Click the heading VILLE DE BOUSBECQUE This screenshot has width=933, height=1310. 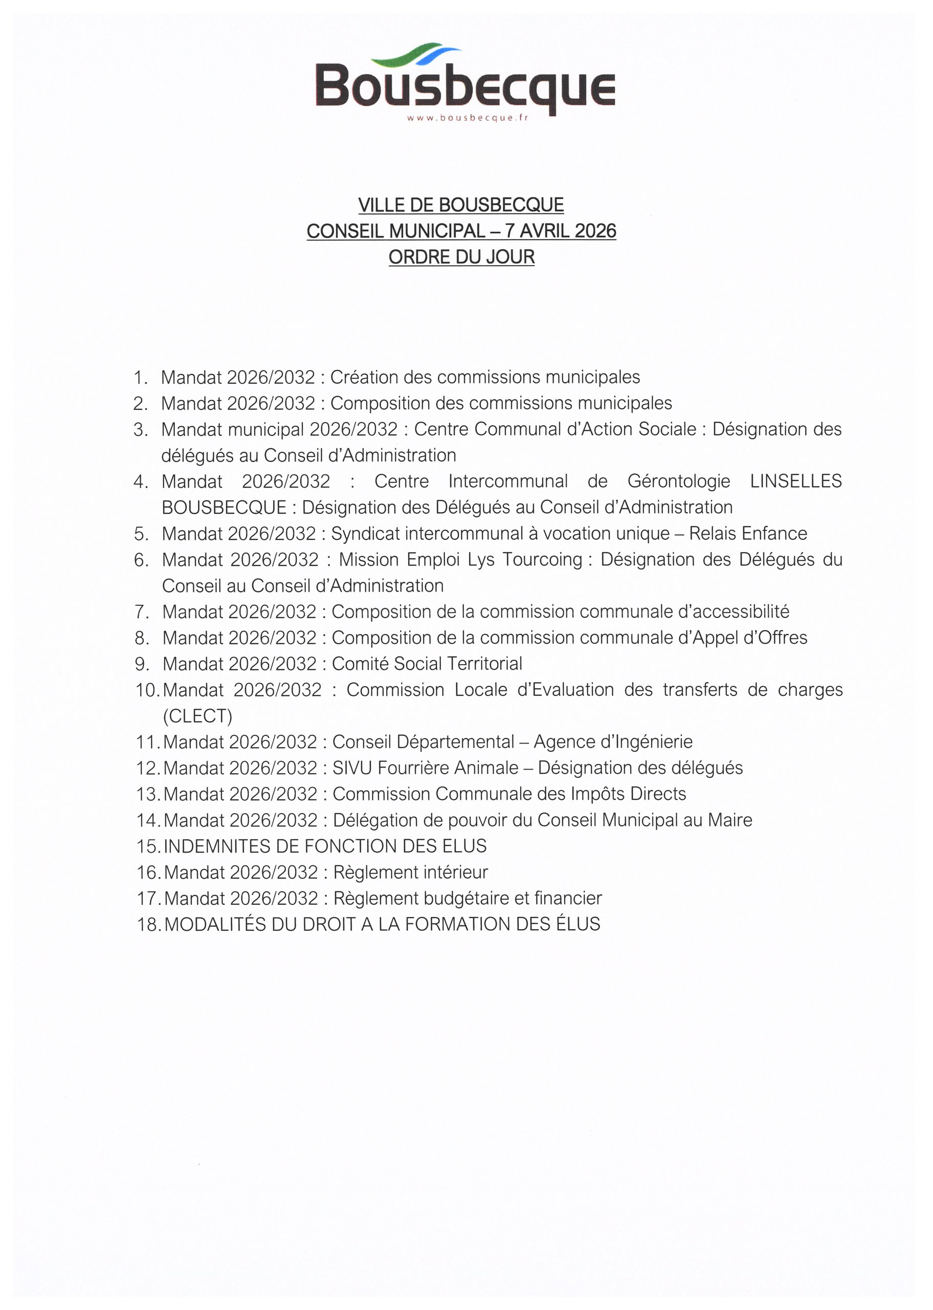point(461,205)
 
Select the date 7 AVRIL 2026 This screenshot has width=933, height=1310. point(560,231)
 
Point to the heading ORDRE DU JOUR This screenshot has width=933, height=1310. point(461,257)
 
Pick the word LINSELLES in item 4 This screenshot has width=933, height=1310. point(796,481)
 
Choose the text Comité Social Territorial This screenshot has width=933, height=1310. point(427,664)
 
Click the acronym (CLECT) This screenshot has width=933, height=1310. point(197,716)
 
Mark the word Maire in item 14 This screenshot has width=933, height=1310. point(729,820)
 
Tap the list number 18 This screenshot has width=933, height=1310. point(148,925)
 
